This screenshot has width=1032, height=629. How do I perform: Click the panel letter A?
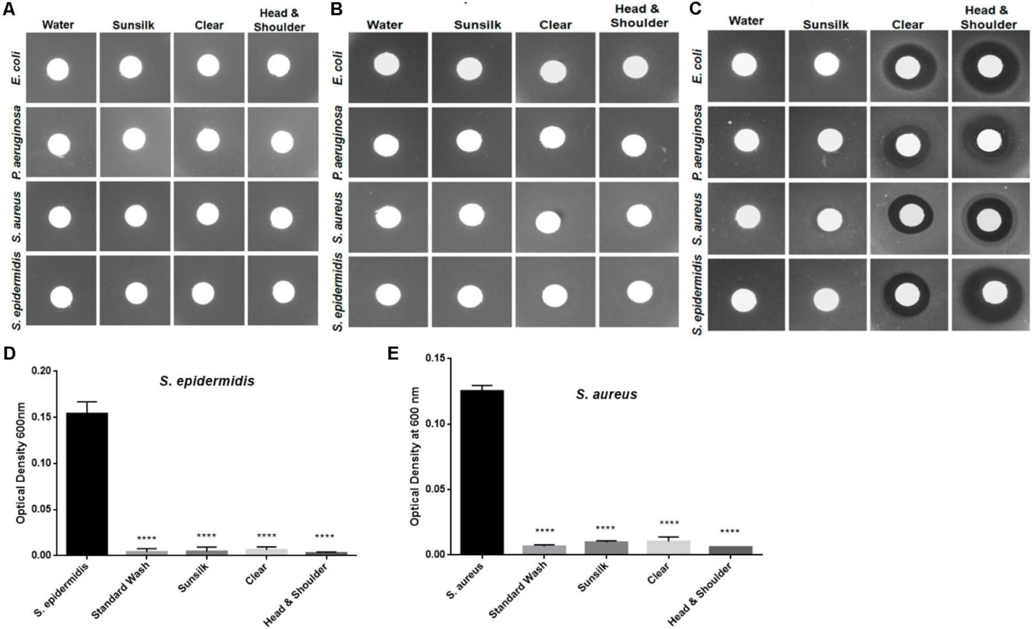tap(8, 10)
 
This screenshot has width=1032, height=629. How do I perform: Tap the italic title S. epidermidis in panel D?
tap(207, 381)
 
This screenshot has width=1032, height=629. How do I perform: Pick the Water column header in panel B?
tap(384, 25)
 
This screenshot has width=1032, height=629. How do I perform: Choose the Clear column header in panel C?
tap(908, 24)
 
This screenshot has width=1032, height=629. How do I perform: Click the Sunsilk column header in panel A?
tap(133, 25)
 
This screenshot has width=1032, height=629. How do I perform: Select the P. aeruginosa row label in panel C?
tap(698, 143)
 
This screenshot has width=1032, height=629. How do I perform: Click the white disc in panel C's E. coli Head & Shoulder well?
tap(990, 65)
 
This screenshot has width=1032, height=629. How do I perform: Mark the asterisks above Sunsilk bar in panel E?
tap(605, 529)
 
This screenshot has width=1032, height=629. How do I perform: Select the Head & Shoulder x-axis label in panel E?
tap(701, 593)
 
